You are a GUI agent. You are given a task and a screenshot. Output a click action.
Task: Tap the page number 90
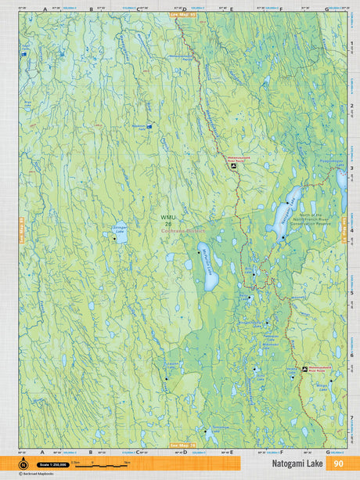[x=338, y=464]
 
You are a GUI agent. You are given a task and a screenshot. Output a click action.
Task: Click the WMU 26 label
[x=166, y=222]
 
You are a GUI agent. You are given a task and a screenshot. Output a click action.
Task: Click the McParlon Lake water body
[x=208, y=269]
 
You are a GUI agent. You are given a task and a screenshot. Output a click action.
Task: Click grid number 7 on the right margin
[x=353, y=417]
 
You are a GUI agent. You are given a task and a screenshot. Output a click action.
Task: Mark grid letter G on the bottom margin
[x=326, y=452]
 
